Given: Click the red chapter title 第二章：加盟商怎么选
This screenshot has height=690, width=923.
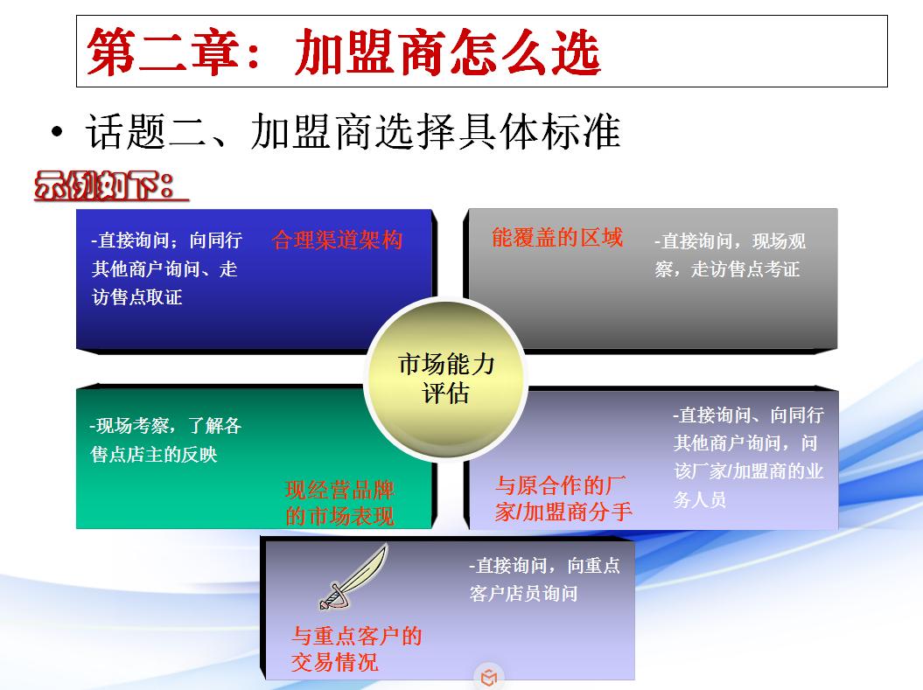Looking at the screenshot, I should [x=344, y=52].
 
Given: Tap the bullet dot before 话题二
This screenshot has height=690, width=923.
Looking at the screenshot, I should [x=58, y=133].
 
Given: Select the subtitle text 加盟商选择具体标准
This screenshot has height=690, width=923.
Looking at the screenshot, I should [x=435, y=133].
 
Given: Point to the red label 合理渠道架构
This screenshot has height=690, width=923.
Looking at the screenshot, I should [x=338, y=240].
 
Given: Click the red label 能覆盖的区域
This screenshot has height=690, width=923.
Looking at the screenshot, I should [x=557, y=237].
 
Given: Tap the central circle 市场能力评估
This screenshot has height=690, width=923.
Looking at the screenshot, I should [x=445, y=379].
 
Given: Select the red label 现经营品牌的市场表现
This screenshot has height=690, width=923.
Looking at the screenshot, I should [x=339, y=503].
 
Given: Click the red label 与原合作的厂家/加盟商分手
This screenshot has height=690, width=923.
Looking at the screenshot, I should [x=563, y=498].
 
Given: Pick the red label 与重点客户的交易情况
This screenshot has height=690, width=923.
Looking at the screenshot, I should [x=356, y=649].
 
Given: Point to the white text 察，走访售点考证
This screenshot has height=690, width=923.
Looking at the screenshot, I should [x=727, y=269].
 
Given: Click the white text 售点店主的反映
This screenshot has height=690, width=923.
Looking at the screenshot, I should [x=154, y=455].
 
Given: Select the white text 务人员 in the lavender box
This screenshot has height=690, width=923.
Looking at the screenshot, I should [x=700, y=500].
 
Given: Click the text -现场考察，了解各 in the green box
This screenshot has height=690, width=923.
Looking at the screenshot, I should [x=165, y=427].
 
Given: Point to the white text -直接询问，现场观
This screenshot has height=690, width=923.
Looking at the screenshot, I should [x=730, y=241].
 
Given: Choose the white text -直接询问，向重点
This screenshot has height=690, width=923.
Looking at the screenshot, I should [x=544, y=566].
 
